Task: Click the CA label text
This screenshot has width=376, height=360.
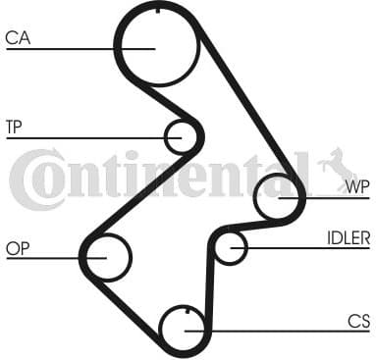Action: [18, 38]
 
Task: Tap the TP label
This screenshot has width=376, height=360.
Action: [14, 127]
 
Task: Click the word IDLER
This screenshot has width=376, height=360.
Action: [348, 236]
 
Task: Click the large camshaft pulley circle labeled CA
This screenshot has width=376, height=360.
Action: [156, 45]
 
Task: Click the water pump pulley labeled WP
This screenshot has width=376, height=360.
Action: [279, 197]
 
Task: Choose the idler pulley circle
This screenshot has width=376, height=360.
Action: [231, 247]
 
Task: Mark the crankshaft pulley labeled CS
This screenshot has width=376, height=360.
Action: [184, 328]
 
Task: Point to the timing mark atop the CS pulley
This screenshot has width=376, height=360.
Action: [184, 311]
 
